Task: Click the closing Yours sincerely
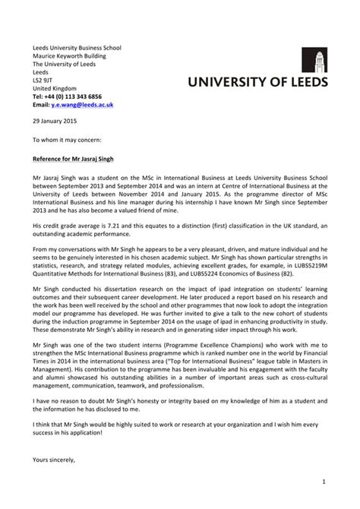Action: [x=55, y=459]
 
